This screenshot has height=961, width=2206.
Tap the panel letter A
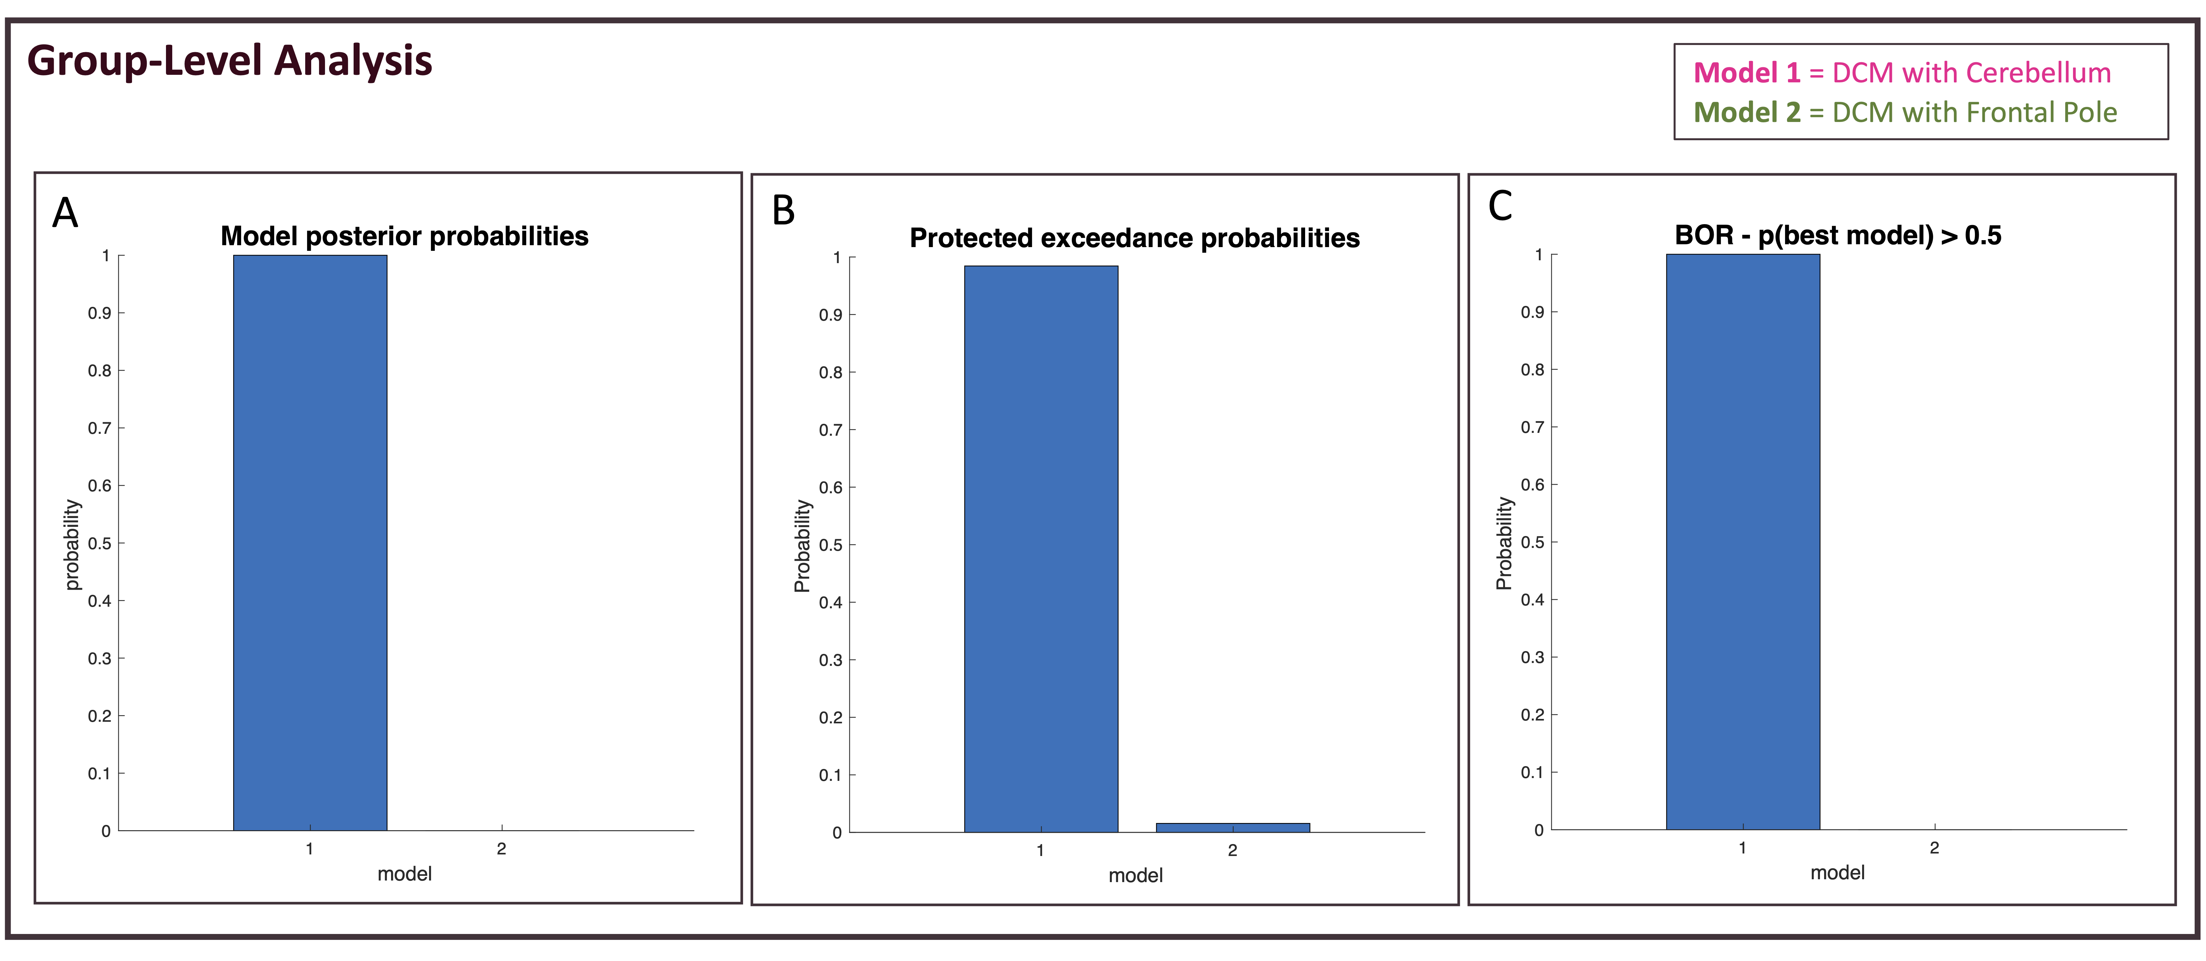tap(65, 213)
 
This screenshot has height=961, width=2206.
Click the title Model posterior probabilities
tap(404, 236)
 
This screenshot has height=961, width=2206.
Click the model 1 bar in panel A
tap(310, 542)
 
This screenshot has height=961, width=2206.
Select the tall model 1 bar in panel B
tap(1040, 548)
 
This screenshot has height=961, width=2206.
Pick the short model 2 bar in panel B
tap(1232, 827)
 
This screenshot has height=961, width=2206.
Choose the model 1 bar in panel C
tap(1743, 541)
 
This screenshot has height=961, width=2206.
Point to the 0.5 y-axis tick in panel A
tap(100, 543)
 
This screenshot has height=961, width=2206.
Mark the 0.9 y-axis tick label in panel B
tap(831, 315)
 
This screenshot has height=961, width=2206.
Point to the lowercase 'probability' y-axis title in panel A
tap(72, 545)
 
